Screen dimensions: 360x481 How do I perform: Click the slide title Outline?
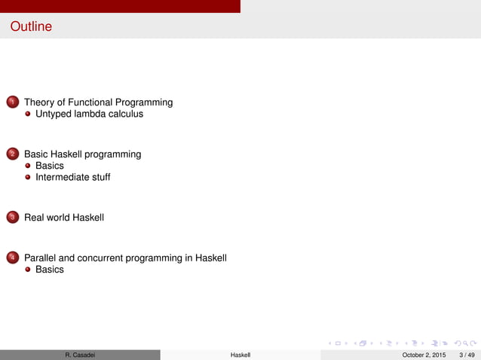point(31,27)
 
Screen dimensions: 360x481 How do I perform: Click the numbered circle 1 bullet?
point(12,102)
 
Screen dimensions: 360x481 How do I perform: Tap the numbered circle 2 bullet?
point(12,154)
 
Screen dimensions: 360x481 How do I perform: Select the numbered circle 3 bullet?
point(12,218)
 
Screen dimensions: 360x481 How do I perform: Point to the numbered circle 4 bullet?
point(12,258)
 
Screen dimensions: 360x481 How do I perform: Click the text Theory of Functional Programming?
point(98,102)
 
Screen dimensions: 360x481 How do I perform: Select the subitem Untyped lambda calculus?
point(89,114)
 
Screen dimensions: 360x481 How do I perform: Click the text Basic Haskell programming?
point(82,154)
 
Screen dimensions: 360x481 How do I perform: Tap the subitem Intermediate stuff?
point(72,178)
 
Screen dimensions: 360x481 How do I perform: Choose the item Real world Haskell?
point(64,218)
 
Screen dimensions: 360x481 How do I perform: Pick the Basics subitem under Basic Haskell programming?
point(50,166)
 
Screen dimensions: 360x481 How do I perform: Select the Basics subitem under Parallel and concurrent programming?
point(50,270)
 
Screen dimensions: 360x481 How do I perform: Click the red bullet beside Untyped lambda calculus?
point(28,114)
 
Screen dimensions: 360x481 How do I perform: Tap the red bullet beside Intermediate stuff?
point(28,178)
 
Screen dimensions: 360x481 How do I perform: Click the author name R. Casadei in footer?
point(80,355)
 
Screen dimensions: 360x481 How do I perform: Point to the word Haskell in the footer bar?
point(240,355)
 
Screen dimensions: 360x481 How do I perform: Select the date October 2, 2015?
point(424,355)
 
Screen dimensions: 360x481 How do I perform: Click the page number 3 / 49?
point(467,355)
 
